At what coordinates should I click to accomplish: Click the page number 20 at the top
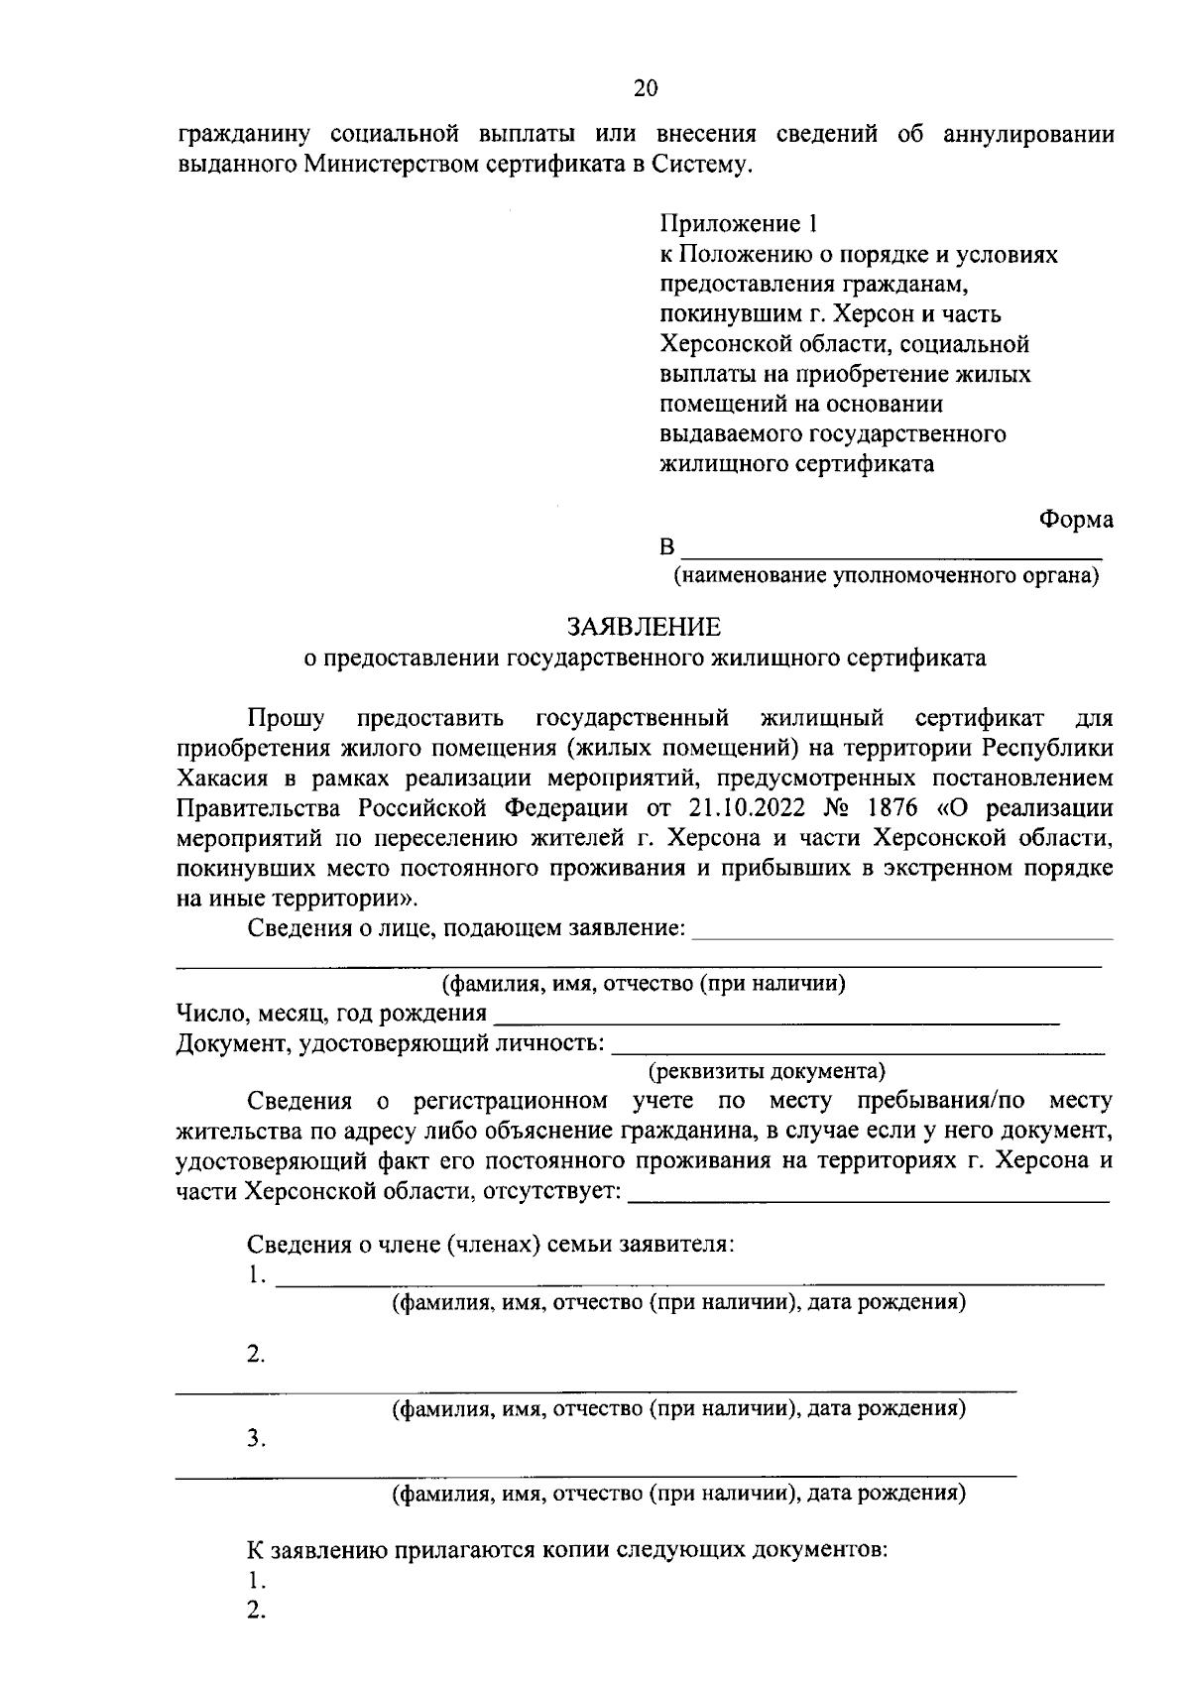pyautogui.click(x=645, y=88)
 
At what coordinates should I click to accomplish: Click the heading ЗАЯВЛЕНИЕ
pyautogui.click(x=644, y=627)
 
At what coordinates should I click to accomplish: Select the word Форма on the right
pyautogui.click(x=1076, y=519)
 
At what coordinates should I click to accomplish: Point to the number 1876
pyautogui.click(x=891, y=806)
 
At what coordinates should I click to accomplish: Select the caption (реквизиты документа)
pyautogui.click(x=767, y=1072)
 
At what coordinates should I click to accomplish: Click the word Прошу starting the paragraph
pyautogui.click(x=279, y=717)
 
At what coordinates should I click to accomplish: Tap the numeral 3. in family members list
pyautogui.click(x=256, y=1439)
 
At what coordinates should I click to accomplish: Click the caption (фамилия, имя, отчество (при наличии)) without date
pyautogui.click(x=644, y=984)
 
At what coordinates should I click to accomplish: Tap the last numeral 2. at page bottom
pyautogui.click(x=256, y=1612)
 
